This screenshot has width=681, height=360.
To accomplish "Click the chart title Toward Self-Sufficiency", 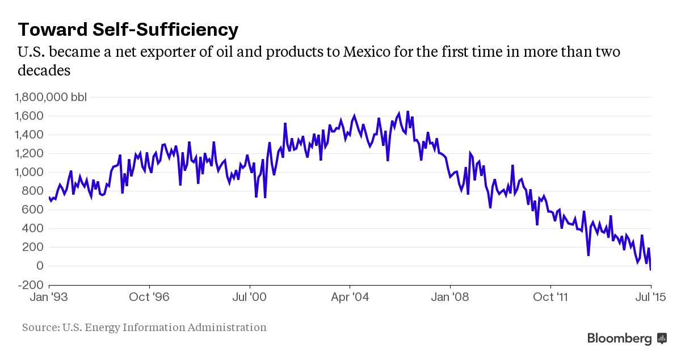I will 128,29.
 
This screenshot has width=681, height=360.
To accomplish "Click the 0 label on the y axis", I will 40,266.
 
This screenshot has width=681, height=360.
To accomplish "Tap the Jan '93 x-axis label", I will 50,296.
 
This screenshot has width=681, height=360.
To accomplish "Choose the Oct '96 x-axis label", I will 149,296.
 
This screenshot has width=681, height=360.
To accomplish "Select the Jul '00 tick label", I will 249,296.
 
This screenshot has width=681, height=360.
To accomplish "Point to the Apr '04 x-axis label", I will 350,296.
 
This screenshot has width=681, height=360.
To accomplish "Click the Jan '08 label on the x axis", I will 449,296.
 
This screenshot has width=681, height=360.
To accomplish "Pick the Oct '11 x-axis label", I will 550,296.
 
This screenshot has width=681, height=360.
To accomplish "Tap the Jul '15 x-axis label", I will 650,296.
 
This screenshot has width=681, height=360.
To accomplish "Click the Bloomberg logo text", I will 619,338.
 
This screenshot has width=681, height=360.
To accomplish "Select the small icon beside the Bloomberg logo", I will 662,338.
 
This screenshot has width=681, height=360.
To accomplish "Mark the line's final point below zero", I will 650,270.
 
